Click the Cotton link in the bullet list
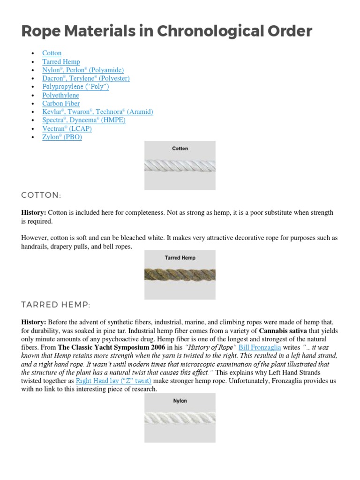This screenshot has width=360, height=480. coord(52,53)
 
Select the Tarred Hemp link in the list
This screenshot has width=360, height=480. coord(61,62)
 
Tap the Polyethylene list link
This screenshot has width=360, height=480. coord(60,95)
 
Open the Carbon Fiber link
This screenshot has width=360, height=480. coord(61,104)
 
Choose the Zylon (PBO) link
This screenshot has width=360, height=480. coord(62,137)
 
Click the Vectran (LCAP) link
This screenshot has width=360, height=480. coord(67,128)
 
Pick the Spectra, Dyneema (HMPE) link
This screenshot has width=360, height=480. coord(84,120)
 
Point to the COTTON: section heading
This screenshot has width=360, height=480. coord(41,195)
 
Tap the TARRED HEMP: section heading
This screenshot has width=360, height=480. coord(55,305)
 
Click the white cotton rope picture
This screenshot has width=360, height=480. coord(180,165)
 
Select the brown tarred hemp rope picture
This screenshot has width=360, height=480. coord(180,275)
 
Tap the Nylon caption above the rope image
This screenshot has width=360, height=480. coord(180,401)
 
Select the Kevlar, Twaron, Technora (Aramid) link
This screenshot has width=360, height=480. coord(97,112)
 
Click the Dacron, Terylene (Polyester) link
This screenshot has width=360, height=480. coord(86,78)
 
